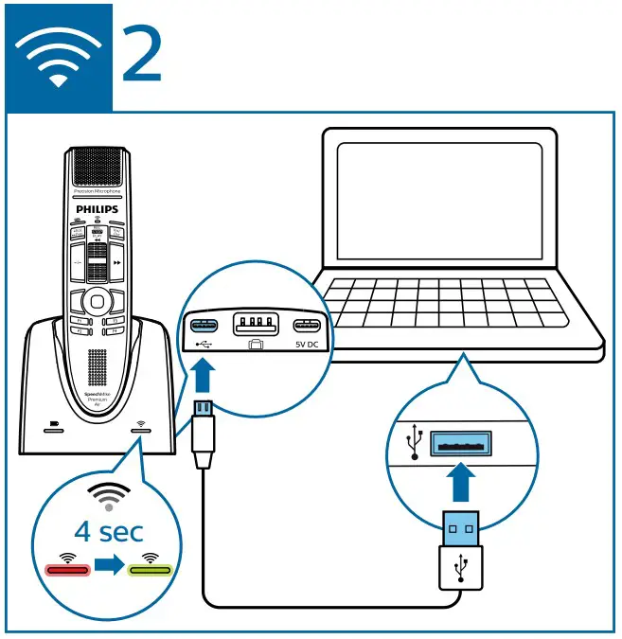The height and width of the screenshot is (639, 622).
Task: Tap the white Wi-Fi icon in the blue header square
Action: tap(59, 59)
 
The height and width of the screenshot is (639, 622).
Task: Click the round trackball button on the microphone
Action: tap(94, 301)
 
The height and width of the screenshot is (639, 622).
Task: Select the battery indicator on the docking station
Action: tap(52, 427)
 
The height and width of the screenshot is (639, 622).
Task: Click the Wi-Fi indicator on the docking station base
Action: tap(140, 427)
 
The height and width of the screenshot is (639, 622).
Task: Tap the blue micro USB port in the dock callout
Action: tap(205, 327)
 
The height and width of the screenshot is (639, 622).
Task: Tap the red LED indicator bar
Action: tap(67, 571)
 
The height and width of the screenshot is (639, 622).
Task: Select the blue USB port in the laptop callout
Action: tap(461, 443)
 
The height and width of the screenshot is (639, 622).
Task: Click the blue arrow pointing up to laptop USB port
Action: tap(460, 484)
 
